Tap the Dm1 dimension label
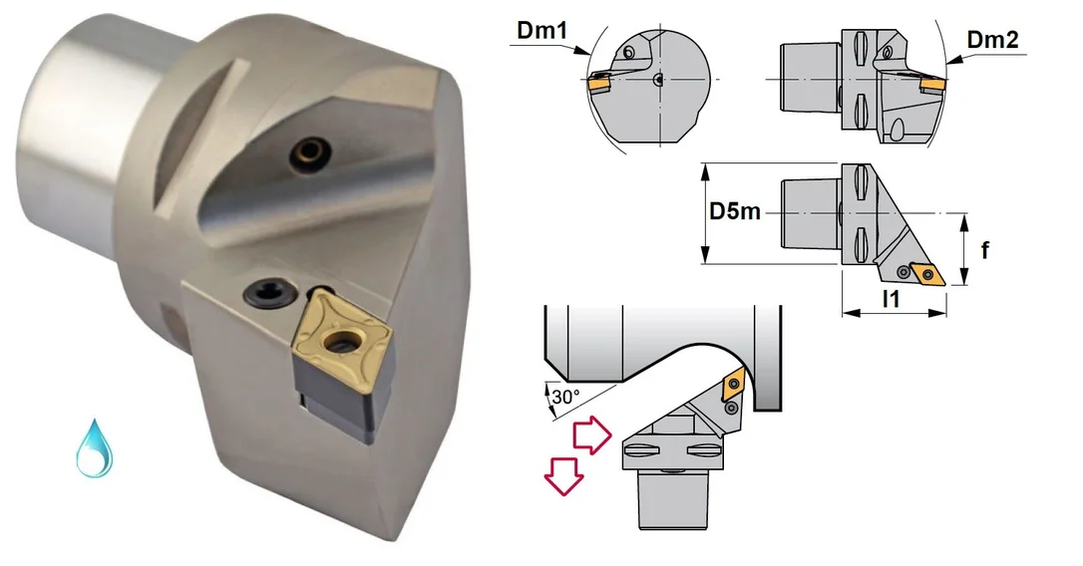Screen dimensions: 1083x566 click(541, 31)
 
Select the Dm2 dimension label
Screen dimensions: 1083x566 click(992, 39)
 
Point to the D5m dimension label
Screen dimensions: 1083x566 click(735, 210)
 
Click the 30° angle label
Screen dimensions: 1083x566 click(565, 398)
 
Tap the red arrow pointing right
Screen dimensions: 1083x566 click(592, 435)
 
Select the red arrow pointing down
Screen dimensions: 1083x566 click(563, 476)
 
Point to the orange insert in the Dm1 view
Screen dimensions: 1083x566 click(598, 84)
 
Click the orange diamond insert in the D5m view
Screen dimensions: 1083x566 click(927, 273)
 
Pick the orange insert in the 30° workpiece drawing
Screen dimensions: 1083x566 click(732, 386)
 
